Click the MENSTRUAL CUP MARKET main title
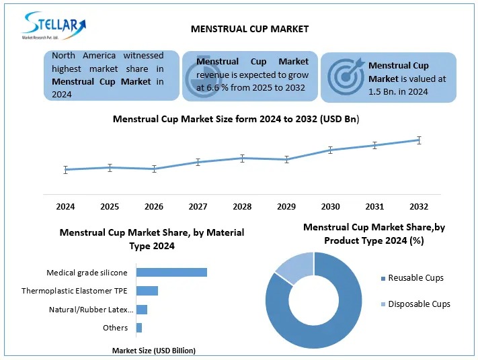(x=240, y=29)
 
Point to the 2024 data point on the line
(x=66, y=170)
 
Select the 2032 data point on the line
(x=419, y=140)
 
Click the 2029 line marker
(x=286, y=159)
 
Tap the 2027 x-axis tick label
(x=198, y=206)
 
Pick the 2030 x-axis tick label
(x=330, y=206)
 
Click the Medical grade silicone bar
(x=171, y=272)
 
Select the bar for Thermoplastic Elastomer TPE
(x=147, y=291)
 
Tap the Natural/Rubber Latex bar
(x=142, y=310)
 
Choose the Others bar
(x=139, y=328)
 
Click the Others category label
(x=116, y=328)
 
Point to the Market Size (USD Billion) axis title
(x=153, y=351)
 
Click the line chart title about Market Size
(x=236, y=119)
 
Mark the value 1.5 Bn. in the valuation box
(x=384, y=92)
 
